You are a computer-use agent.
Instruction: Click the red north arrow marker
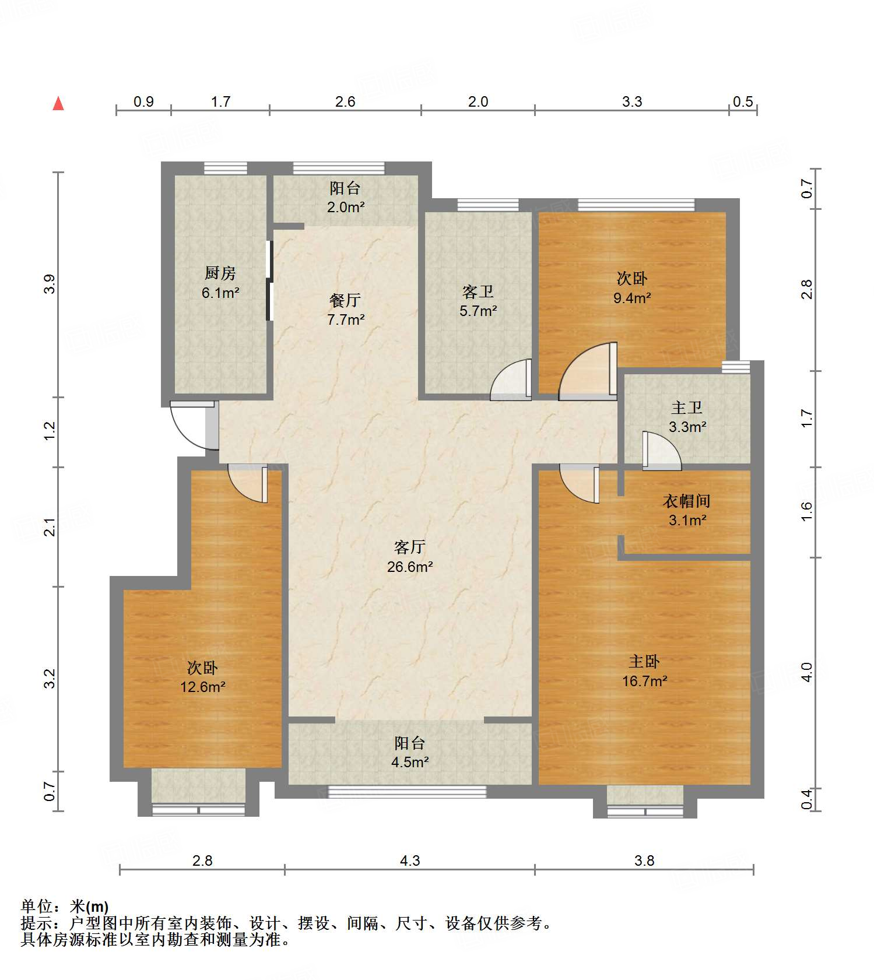(x=58, y=103)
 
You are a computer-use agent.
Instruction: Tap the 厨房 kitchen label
(x=220, y=273)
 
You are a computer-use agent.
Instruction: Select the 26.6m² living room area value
(x=410, y=567)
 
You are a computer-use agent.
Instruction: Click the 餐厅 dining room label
(x=345, y=300)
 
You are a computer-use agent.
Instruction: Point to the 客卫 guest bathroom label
(x=478, y=291)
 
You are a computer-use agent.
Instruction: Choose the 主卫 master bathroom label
(x=687, y=408)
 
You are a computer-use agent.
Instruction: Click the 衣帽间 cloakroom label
(x=687, y=501)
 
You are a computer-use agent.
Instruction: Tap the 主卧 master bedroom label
(x=644, y=661)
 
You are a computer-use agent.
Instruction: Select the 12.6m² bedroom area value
(x=203, y=687)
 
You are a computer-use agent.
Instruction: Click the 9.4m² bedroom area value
(x=632, y=298)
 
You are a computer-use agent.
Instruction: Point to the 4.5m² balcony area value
(x=410, y=762)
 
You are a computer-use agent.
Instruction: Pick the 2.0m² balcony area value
(x=346, y=207)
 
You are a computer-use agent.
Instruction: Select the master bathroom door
(x=662, y=451)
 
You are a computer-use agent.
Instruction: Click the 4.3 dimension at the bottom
(x=410, y=860)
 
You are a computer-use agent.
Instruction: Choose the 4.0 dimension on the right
(x=806, y=672)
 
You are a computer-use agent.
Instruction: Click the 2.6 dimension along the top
(x=345, y=101)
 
